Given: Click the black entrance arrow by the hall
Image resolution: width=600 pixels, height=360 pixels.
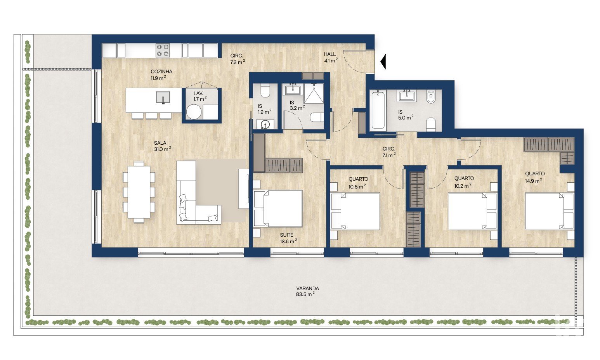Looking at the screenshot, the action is [x=383, y=62].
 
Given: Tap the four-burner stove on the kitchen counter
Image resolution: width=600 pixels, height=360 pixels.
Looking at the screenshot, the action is [x=163, y=50].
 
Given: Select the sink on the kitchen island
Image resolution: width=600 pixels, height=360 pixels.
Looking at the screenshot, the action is [x=163, y=97].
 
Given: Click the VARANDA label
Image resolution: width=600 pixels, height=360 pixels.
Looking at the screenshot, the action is [x=307, y=288].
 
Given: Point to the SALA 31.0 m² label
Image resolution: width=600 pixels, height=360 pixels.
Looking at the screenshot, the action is [x=162, y=146].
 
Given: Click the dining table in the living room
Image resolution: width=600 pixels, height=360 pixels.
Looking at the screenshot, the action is [x=139, y=192].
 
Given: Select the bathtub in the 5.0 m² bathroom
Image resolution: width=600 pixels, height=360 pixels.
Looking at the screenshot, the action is [x=378, y=111].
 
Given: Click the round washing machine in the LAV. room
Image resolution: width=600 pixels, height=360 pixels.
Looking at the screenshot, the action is [x=193, y=112].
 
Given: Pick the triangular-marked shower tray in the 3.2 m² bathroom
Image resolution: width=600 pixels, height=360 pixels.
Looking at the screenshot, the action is [x=314, y=93].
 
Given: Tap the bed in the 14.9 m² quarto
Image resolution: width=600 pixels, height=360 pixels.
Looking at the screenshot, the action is [x=550, y=211].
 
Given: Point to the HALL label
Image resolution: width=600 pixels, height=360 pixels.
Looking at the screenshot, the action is [x=329, y=54].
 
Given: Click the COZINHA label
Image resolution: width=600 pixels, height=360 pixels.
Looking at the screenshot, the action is [x=161, y=71].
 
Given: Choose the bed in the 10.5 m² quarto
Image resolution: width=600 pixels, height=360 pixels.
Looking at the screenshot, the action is [x=355, y=211].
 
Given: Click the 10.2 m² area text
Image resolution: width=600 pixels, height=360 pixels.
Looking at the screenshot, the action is [x=463, y=185].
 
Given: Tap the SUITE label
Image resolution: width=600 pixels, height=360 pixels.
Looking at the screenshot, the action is [x=286, y=235].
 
